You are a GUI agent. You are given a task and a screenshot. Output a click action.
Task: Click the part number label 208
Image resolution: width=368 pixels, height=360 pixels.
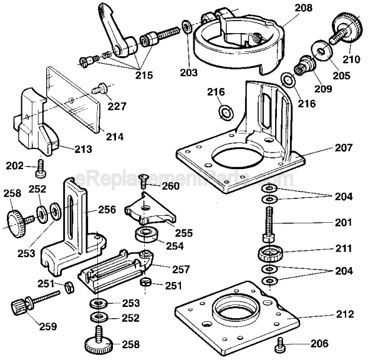[x=303, y=9]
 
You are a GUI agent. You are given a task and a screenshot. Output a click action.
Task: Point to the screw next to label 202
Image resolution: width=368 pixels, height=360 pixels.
[x=42, y=167]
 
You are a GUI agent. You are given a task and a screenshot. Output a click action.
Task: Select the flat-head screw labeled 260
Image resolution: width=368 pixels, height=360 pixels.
[x=142, y=181]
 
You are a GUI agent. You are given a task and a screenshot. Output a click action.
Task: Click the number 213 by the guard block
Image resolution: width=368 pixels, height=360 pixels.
[x=82, y=149]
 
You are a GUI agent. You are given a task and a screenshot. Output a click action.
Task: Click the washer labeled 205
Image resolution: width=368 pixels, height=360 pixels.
[x=322, y=49]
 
